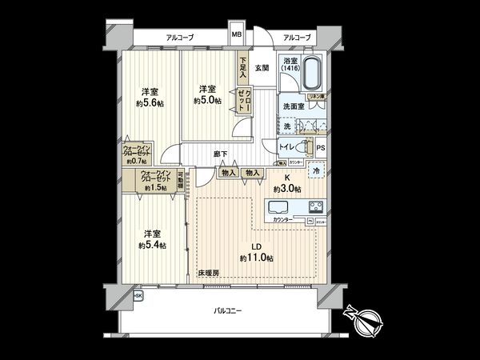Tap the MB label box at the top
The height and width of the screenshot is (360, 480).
[x=237, y=36]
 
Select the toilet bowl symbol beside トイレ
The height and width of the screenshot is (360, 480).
[x=306, y=147]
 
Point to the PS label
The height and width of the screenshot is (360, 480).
[x=320, y=149]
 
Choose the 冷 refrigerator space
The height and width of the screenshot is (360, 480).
[x=316, y=170]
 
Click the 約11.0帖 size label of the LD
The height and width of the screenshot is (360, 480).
[x=257, y=258]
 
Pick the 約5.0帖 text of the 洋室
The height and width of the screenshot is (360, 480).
[x=207, y=101]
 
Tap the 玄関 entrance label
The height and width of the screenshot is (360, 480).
[x=262, y=68]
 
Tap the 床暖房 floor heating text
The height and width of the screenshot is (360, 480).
[x=209, y=273]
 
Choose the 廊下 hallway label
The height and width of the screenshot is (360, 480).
[x=218, y=154]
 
